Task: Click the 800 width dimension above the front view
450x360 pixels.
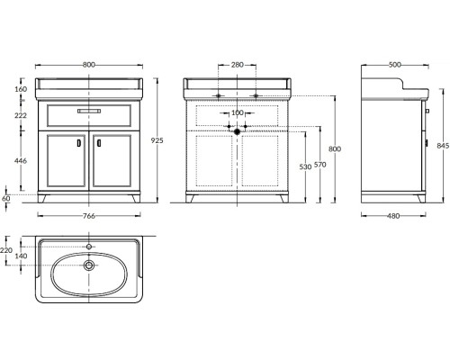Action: pyautogui.click(x=89, y=65)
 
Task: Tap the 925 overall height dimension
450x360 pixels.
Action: pyautogui.click(x=157, y=140)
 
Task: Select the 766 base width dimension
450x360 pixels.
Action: pyautogui.click(x=89, y=216)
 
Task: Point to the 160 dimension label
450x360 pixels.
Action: pyautogui.click(x=21, y=89)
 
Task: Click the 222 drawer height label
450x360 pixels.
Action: pyautogui.click(x=21, y=115)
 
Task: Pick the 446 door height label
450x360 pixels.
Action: pyautogui.click(x=21, y=161)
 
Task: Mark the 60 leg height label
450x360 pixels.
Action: pyautogui.click(x=6, y=198)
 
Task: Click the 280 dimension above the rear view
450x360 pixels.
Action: pyautogui.click(x=238, y=65)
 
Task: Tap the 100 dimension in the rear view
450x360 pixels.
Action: pyautogui.click(x=238, y=112)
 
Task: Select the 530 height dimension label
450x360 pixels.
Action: pyautogui.click(x=305, y=166)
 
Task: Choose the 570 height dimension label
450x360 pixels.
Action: pyautogui.click(x=320, y=165)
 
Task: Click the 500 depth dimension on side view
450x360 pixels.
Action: pyautogui.click(x=394, y=65)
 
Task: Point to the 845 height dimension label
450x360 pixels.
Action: pyautogui.click(x=443, y=146)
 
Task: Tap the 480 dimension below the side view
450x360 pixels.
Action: pyautogui.click(x=393, y=216)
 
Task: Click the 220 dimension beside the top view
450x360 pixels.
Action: pyautogui.click(x=6, y=250)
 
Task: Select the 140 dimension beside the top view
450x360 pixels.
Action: pyautogui.click(x=21, y=256)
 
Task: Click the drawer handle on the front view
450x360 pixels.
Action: pyautogui.click(x=89, y=111)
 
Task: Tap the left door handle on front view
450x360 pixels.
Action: pyautogui.click(x=79, y=143)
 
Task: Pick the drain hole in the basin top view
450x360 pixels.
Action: pyautogui.click(x=89, y=265)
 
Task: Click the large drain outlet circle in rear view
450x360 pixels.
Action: pyautogui.click(x=238, y=131)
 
